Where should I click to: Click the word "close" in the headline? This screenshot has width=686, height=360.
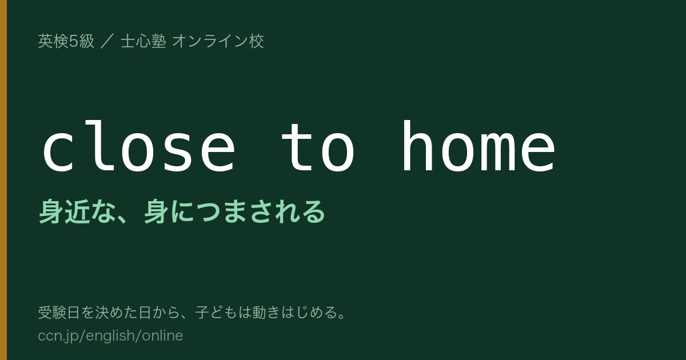click(139, 146)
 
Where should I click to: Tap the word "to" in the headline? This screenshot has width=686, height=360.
click(318, 147)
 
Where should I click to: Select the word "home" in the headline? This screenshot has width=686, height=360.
click(478, 146)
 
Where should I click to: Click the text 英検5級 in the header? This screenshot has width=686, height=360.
click(66, 41)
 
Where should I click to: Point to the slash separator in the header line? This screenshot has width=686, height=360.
click(107, 41)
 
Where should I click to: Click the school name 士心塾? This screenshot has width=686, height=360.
click(143, 41)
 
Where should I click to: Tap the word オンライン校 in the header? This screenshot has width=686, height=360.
click(218, 41)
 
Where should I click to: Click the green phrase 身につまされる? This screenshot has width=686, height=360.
click(234, 211)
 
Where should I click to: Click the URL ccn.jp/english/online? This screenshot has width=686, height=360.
click(110, 335)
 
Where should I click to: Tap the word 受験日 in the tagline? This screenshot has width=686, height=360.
click(59, 313)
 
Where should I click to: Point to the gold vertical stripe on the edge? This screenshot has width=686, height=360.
click(3, 180)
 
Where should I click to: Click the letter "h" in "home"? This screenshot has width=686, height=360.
click(417, 146)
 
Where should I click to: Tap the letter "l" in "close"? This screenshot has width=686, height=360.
click(98, 146)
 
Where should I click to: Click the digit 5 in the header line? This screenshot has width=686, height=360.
click(74, 41)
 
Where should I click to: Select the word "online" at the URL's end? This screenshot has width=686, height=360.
click(162, 335)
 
